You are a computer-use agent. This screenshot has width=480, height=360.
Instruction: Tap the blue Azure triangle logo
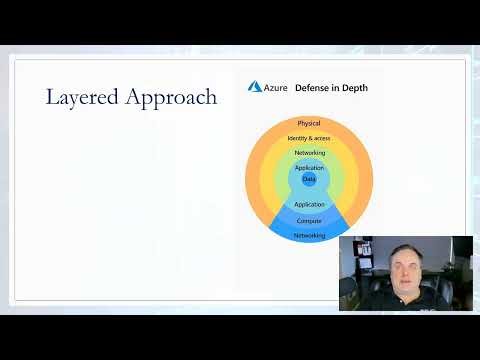click(255, 88)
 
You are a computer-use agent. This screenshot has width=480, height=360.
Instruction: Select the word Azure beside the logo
click(277, 88)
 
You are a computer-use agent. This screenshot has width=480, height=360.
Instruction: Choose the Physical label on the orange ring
click(309, 123)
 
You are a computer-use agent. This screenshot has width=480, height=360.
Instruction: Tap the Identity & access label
click(309, 138)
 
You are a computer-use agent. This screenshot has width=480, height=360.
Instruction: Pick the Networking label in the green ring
click(309, 153)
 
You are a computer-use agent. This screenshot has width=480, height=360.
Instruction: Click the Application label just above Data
click(309, 168)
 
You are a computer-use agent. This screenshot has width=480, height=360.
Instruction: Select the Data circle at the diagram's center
click(309, 179)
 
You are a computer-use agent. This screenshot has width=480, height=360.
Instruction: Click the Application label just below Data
click(309, 204)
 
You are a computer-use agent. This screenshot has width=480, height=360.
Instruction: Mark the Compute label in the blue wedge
click(309, 220)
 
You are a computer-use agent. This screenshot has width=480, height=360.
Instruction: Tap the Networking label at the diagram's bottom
click(309, 236)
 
